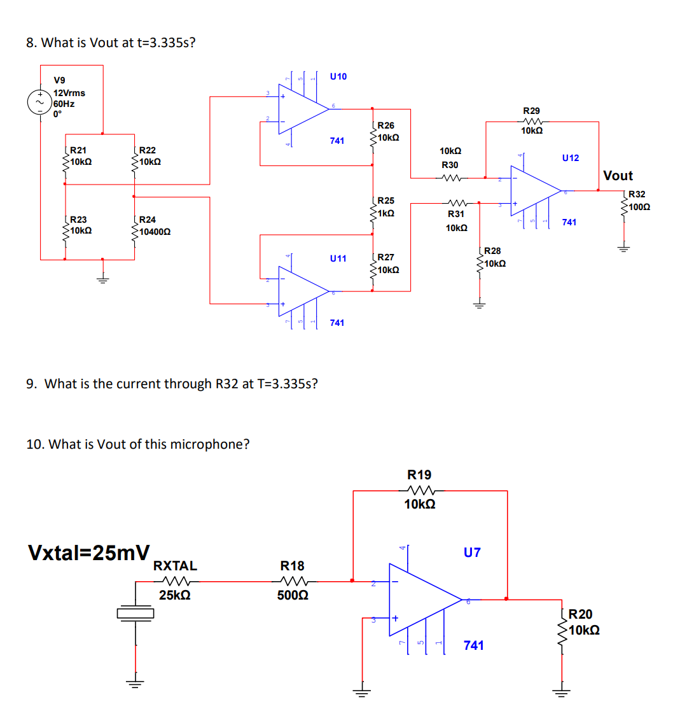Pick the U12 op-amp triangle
pos(533,190)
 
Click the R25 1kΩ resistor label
pos(385,207)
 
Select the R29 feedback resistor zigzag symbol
pos(531,122)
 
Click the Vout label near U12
pos(618,176)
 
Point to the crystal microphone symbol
pos(135,612)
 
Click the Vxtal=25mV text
pos(89,553)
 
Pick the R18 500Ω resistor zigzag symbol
pos(293,581)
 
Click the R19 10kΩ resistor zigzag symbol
pos(419,490)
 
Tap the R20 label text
pos(579,614)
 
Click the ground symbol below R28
pos(480,305)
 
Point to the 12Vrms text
pos(69,93)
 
